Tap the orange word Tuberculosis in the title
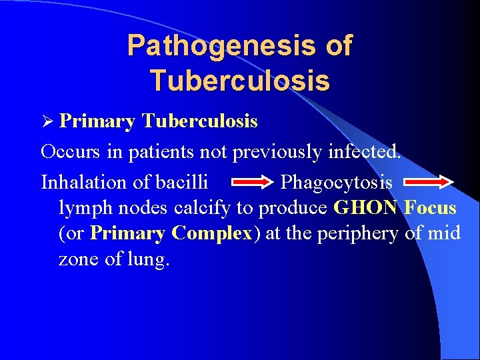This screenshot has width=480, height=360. (240, 81)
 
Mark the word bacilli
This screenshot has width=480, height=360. (184, 181)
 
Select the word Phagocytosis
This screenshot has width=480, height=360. (337, 182)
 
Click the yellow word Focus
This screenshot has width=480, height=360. (430, 207)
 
